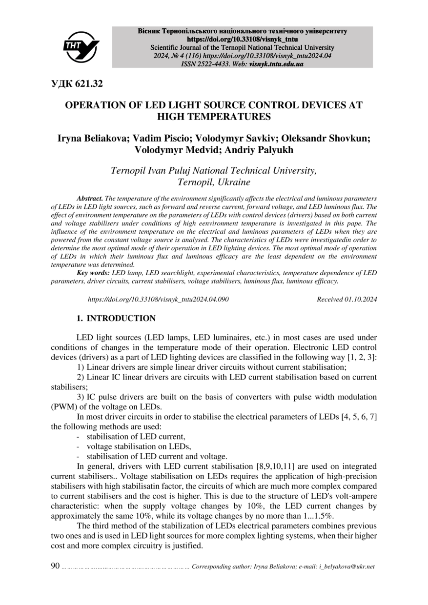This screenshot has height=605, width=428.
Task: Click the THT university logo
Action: pos(81,47)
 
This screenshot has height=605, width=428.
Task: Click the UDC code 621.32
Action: pos(77,84)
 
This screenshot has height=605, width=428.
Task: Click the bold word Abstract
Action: pos(90,199)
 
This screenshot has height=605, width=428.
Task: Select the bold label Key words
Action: pos(93,273)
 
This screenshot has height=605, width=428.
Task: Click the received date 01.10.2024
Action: pos(360,299)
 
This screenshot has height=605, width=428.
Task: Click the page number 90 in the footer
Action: pos(55,566)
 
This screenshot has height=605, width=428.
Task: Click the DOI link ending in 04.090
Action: pos(158,299)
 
